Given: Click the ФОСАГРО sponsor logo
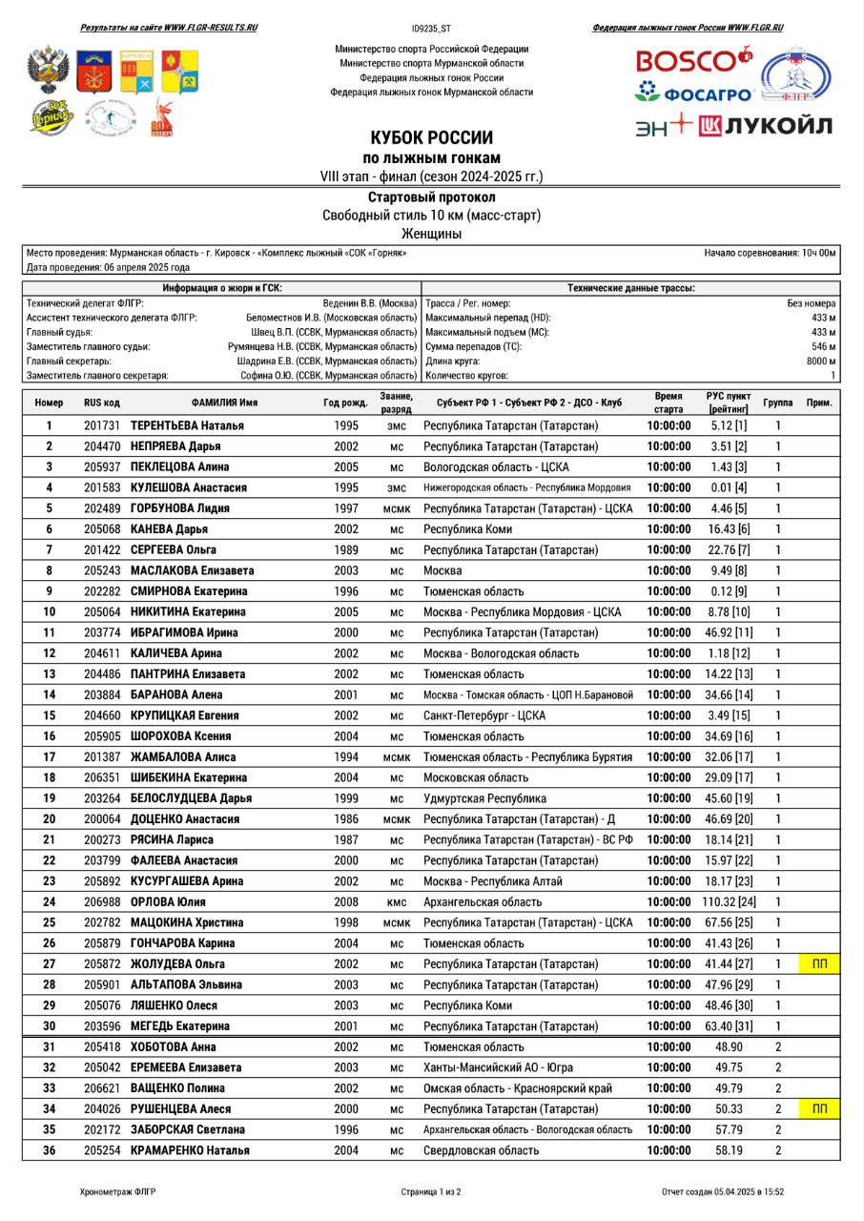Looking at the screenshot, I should pos(695,93).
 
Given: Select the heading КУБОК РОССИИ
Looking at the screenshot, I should pos(431,137).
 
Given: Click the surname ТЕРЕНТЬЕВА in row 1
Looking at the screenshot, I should pos(170,425).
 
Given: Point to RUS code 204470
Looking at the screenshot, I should pos(102,446).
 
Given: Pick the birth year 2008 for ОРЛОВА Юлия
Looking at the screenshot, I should pos(346,901).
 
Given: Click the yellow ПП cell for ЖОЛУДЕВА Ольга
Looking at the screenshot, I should pos(819,964).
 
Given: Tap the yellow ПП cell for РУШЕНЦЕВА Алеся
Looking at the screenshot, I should pos(819,1109).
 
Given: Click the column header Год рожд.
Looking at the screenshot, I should pos(345,403).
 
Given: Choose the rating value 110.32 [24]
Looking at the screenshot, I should pos(729,901).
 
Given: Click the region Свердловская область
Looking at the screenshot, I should pos(481,1150).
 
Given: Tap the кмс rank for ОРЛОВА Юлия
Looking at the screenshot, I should pos(397,901).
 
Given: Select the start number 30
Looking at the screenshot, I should pos(49,1026).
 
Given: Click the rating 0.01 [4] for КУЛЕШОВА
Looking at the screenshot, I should pos(729,487).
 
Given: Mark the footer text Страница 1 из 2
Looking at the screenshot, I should pos(431,1191).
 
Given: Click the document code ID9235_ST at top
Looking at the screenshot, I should pos(431,29).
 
